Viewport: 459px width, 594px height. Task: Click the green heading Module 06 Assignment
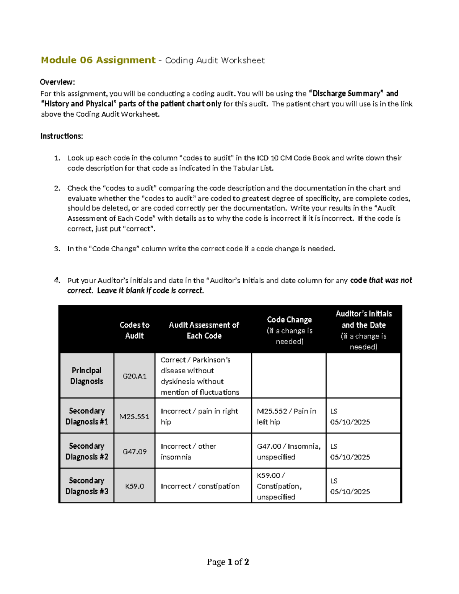tap(98, 60)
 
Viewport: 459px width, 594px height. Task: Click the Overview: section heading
tap(57, 82)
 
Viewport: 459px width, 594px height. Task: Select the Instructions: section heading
tap(62, 136)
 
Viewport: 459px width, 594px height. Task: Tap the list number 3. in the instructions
tap(57, 249)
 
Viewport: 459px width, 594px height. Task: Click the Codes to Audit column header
tap(134, 330)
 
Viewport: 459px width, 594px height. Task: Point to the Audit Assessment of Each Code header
tap(204, 330)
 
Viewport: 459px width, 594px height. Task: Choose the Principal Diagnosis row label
tap(87, 376)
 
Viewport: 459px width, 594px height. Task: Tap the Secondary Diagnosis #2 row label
tap(87, 451)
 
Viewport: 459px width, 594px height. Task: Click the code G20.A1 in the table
tap(134, 376)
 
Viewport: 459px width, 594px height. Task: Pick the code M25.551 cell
tap(134, 417)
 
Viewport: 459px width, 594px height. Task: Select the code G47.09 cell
tap(134, 452)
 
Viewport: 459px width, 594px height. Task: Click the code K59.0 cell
tap(134, 486)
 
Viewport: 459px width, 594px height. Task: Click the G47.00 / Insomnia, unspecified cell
tap(288, 452)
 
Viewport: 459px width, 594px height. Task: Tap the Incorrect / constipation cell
tap(200, 486)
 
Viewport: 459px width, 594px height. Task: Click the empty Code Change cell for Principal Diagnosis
tap(289, 376)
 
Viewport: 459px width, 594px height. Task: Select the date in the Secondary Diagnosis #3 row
tap(350, 491)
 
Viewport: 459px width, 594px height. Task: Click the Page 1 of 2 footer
tap(228, 562)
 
